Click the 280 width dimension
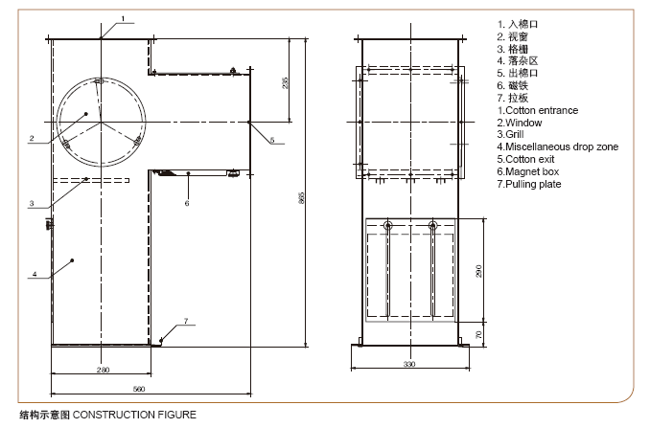[x=103, y=370]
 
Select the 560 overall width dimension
[x=139, y=389]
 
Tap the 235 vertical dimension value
[x=285, y=82]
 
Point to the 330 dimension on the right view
[x=409, y=364]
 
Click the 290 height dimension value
[x=479, y=271]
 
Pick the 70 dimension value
[x=479, y=334]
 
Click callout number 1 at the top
[x=123, y=18]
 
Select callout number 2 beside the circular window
[x=32, y=139]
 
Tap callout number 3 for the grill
[x=32, y=203]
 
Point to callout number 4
[x=35, y=274]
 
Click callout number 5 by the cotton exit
[x=272, y=140]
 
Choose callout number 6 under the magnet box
[x=187, y=203]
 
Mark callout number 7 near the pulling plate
[x=186, y=321]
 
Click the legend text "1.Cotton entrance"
[x=538, y=110]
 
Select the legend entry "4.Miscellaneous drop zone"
[x=558, y=146]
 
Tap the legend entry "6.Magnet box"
[x=528, y=171]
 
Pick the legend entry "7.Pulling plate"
[x=529, y=184]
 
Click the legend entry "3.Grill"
[x=510, y=134]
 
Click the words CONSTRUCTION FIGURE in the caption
[x=134, y=415]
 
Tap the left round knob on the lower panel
[x=388, y=226]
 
